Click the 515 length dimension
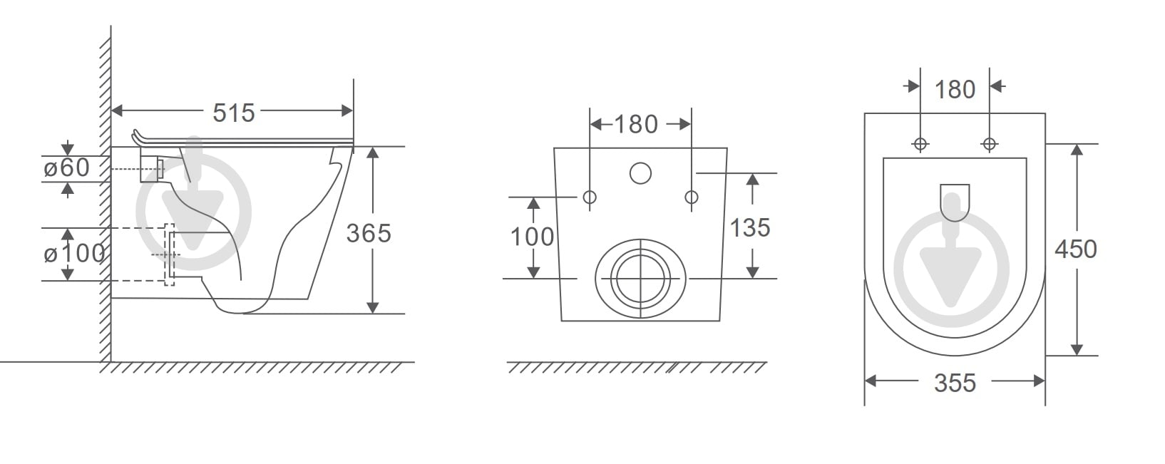pyautogui.click(x=234, y=113)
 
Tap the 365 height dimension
pyautogui.click(x=368, y=233)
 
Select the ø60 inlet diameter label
pyautogui.click(x=66, y=168)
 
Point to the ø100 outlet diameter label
pyautogui.click(x=74, y=254)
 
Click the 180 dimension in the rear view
pyautogui.click(x=636, y=125)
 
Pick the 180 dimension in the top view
pyautogui.click(x=955, y=90)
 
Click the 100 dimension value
pyautogui.click(x=532, y=237)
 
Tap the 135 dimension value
pyautogui.click(x=749, y=228)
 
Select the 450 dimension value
pyautogui.click(x=1076, y=249)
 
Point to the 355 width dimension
pyautogui.click(x=955, y=383)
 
